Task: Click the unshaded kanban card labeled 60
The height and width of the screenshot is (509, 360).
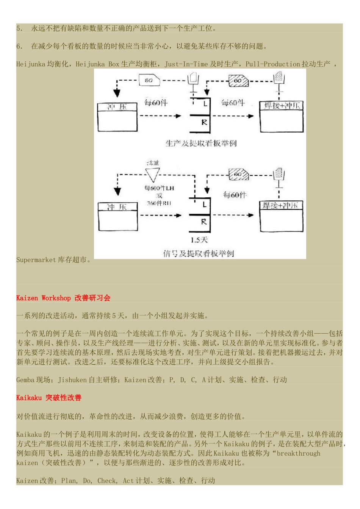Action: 149,80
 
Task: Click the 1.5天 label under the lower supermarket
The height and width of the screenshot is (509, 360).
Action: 199,240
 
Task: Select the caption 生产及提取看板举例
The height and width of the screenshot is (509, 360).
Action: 201,143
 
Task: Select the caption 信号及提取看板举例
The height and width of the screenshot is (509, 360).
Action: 199,254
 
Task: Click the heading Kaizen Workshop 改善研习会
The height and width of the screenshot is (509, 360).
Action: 63,298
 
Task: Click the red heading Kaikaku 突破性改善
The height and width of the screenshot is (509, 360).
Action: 49,398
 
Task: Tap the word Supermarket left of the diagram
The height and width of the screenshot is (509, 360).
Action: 36,260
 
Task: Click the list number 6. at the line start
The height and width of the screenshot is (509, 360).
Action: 20,46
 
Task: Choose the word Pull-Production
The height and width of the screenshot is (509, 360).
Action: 273,64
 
